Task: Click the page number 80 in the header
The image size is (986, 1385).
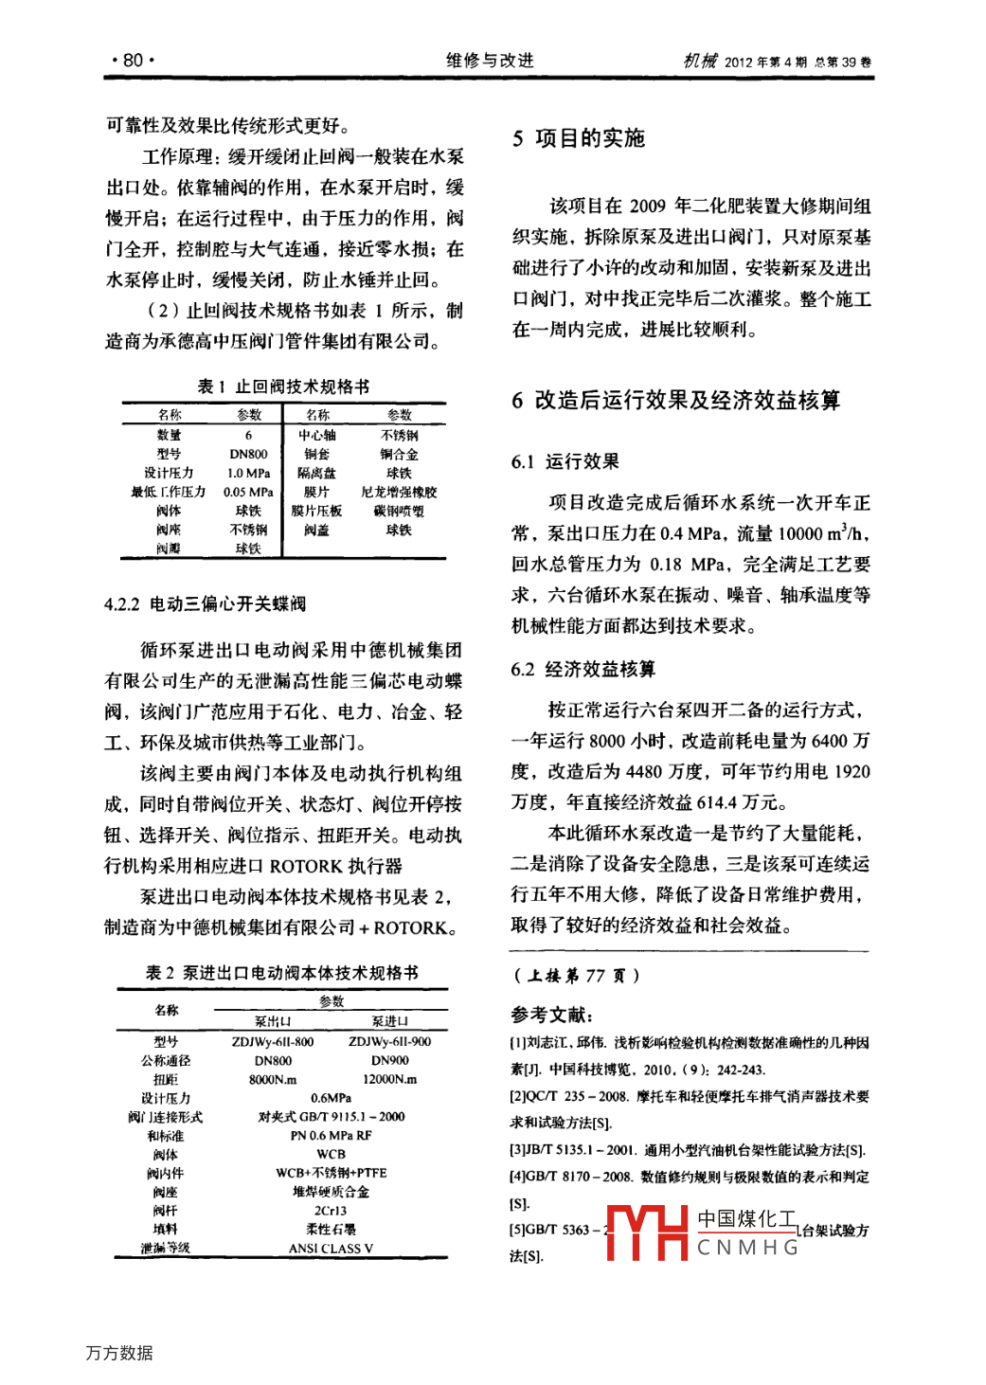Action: pos(133,61)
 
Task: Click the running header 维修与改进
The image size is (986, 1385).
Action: pos(490,61)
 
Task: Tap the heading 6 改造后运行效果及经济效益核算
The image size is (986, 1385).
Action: pos(675,401)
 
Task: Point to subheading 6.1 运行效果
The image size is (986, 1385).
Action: pos(565,462)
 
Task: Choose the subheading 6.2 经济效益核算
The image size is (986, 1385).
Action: pos(583,670)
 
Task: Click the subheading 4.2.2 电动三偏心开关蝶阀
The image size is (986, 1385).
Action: pos(205,604)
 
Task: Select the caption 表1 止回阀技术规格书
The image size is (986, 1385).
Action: pos(283,387)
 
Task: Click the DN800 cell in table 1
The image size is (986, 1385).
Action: pos(248,455)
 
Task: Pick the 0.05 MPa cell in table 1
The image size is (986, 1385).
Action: pos(248,493)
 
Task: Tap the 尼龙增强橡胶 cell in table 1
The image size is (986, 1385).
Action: pos(399,493)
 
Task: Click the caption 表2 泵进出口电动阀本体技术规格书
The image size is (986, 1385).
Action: pos(281,973)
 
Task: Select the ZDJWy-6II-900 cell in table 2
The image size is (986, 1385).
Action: pos(389,1042)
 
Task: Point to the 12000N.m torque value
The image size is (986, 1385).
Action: pos(389,1080)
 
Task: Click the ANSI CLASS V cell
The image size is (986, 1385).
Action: pos(331,1249)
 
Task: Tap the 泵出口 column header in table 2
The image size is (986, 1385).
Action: pos(273,1022)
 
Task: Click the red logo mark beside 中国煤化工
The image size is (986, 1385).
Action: pos(647,1233)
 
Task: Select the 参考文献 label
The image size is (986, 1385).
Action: pos(552,1016)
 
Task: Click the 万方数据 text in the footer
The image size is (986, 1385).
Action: pos(119,1353)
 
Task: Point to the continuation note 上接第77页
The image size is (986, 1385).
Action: pos(576,976)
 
